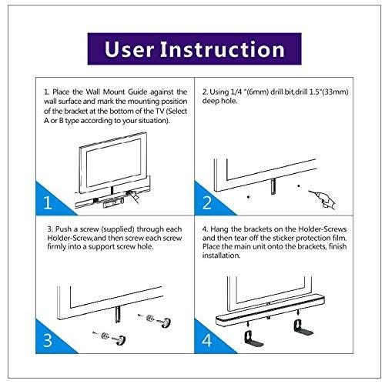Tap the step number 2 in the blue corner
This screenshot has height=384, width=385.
[207, 204]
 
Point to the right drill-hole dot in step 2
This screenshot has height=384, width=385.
[299, 187]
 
